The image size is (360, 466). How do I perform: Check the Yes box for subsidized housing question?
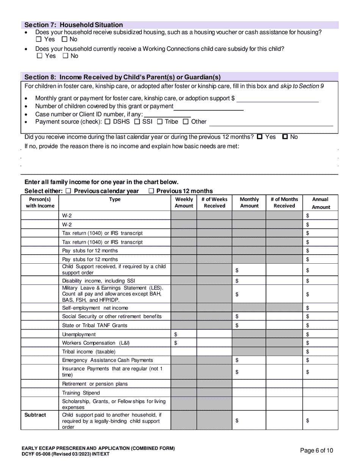39,39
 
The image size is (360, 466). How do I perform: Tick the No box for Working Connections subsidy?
66,56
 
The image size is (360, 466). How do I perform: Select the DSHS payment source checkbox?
107,122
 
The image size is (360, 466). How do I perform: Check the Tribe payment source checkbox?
160,122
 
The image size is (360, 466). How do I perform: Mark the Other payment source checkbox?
186,122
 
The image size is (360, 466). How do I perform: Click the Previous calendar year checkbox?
69,191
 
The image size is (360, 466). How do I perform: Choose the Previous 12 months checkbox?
152,191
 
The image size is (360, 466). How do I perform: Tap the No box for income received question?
285,137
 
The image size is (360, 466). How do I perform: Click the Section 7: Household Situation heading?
74,25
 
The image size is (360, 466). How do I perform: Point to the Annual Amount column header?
320,203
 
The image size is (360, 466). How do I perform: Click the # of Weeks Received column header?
214,203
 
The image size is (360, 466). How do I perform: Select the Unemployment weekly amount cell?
184,335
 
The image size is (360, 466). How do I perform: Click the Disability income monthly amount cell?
249,281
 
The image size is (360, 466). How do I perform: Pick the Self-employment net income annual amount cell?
320,308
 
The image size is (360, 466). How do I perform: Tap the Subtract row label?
35,415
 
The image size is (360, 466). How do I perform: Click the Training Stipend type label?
81,393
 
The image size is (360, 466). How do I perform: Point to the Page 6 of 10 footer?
316,450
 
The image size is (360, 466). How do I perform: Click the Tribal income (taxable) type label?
89,352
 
